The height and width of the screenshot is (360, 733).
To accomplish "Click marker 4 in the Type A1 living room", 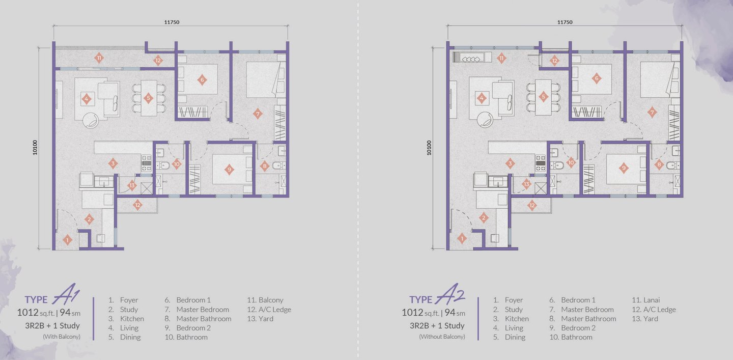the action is tap(87, 99).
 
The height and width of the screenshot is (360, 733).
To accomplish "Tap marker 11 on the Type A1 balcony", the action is tap(99, 58).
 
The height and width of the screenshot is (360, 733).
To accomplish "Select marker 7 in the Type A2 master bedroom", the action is tap(652, 113).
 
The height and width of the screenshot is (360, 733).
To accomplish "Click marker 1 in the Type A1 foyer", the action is tap(67, 240).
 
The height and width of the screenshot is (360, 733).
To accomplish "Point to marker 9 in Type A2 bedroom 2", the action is tap(624, 168).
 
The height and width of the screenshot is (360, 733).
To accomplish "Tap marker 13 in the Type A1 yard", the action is tap(132, 185).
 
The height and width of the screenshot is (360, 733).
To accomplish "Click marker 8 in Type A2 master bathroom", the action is tap(659, 164).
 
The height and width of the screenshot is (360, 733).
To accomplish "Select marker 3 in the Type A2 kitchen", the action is tap(510, 163).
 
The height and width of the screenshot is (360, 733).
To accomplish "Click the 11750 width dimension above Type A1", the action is tap(172, 22).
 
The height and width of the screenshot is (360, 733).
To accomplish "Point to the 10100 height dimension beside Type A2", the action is tap(429, 148).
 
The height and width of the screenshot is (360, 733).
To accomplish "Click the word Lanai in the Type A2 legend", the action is tap(652, 300).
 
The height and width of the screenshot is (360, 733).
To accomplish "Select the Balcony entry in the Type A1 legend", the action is tap(271, 300).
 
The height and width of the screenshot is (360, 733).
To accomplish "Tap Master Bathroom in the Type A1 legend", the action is tap(204, 318).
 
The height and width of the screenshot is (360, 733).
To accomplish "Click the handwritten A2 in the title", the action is tap(449, 294).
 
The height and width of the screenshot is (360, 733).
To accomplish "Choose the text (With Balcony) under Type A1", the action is tap(62, 337).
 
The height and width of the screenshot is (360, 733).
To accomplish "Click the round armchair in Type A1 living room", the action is tap(90, 120).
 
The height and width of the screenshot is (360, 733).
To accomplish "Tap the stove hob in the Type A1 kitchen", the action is tap(146, 162).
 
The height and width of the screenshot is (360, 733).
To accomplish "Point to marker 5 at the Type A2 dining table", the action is tap(544, 97).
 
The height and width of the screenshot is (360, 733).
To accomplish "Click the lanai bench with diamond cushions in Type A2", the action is tap(472, 57).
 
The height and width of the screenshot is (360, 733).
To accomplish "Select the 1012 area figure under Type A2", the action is tap(412, 313).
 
